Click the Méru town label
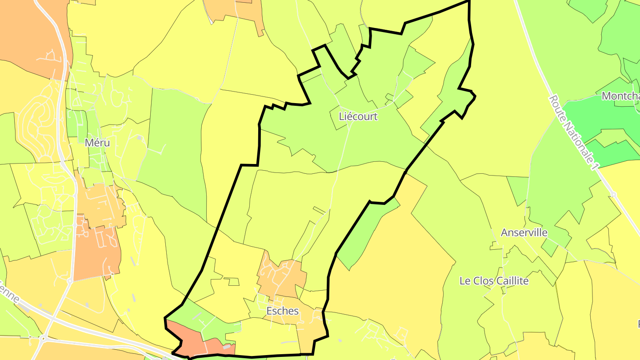pos(97,143)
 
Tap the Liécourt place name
pos(358,116)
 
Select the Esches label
pos(283,311)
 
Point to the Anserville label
pos(524,232)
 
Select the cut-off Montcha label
pos(620,96)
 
